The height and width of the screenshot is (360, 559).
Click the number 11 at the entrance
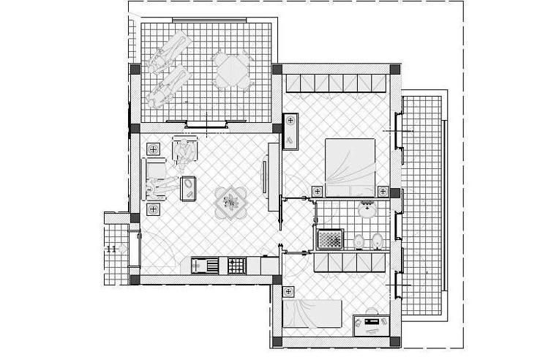(x=112, y=249)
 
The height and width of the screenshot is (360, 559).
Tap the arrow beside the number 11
(x=123, y=249)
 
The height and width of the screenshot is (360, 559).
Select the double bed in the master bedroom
(x=350, y=168)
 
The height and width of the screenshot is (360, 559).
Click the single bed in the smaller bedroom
(x=312, y=314)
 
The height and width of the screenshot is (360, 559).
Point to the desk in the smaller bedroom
(x=371, y=325)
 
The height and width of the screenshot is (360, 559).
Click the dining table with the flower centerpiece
(x=230, y=203)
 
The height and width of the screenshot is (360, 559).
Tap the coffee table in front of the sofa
(x=188, y=189)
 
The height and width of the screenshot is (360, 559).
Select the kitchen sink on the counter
(x=205, y=266)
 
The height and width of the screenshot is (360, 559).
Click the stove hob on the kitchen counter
(x=237, y=266)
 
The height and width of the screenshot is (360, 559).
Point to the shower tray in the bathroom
(x=330, y=239)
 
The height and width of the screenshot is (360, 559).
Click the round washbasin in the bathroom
(x=367, y=209)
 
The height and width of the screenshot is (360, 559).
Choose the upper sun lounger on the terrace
(x=170, y=51)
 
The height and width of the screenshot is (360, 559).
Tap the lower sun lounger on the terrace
(x=168, y=85)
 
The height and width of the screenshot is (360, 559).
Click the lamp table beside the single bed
(x=288, y=292)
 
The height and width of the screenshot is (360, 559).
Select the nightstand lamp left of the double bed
(x=318, y=192)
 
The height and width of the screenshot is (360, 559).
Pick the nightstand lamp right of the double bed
(x=383, y=192)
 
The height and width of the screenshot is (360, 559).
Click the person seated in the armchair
(x=184, y=152)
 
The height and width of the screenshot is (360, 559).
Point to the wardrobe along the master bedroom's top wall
(x=336, y=83)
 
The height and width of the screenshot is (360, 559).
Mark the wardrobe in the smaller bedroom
(x=350, y=262)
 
